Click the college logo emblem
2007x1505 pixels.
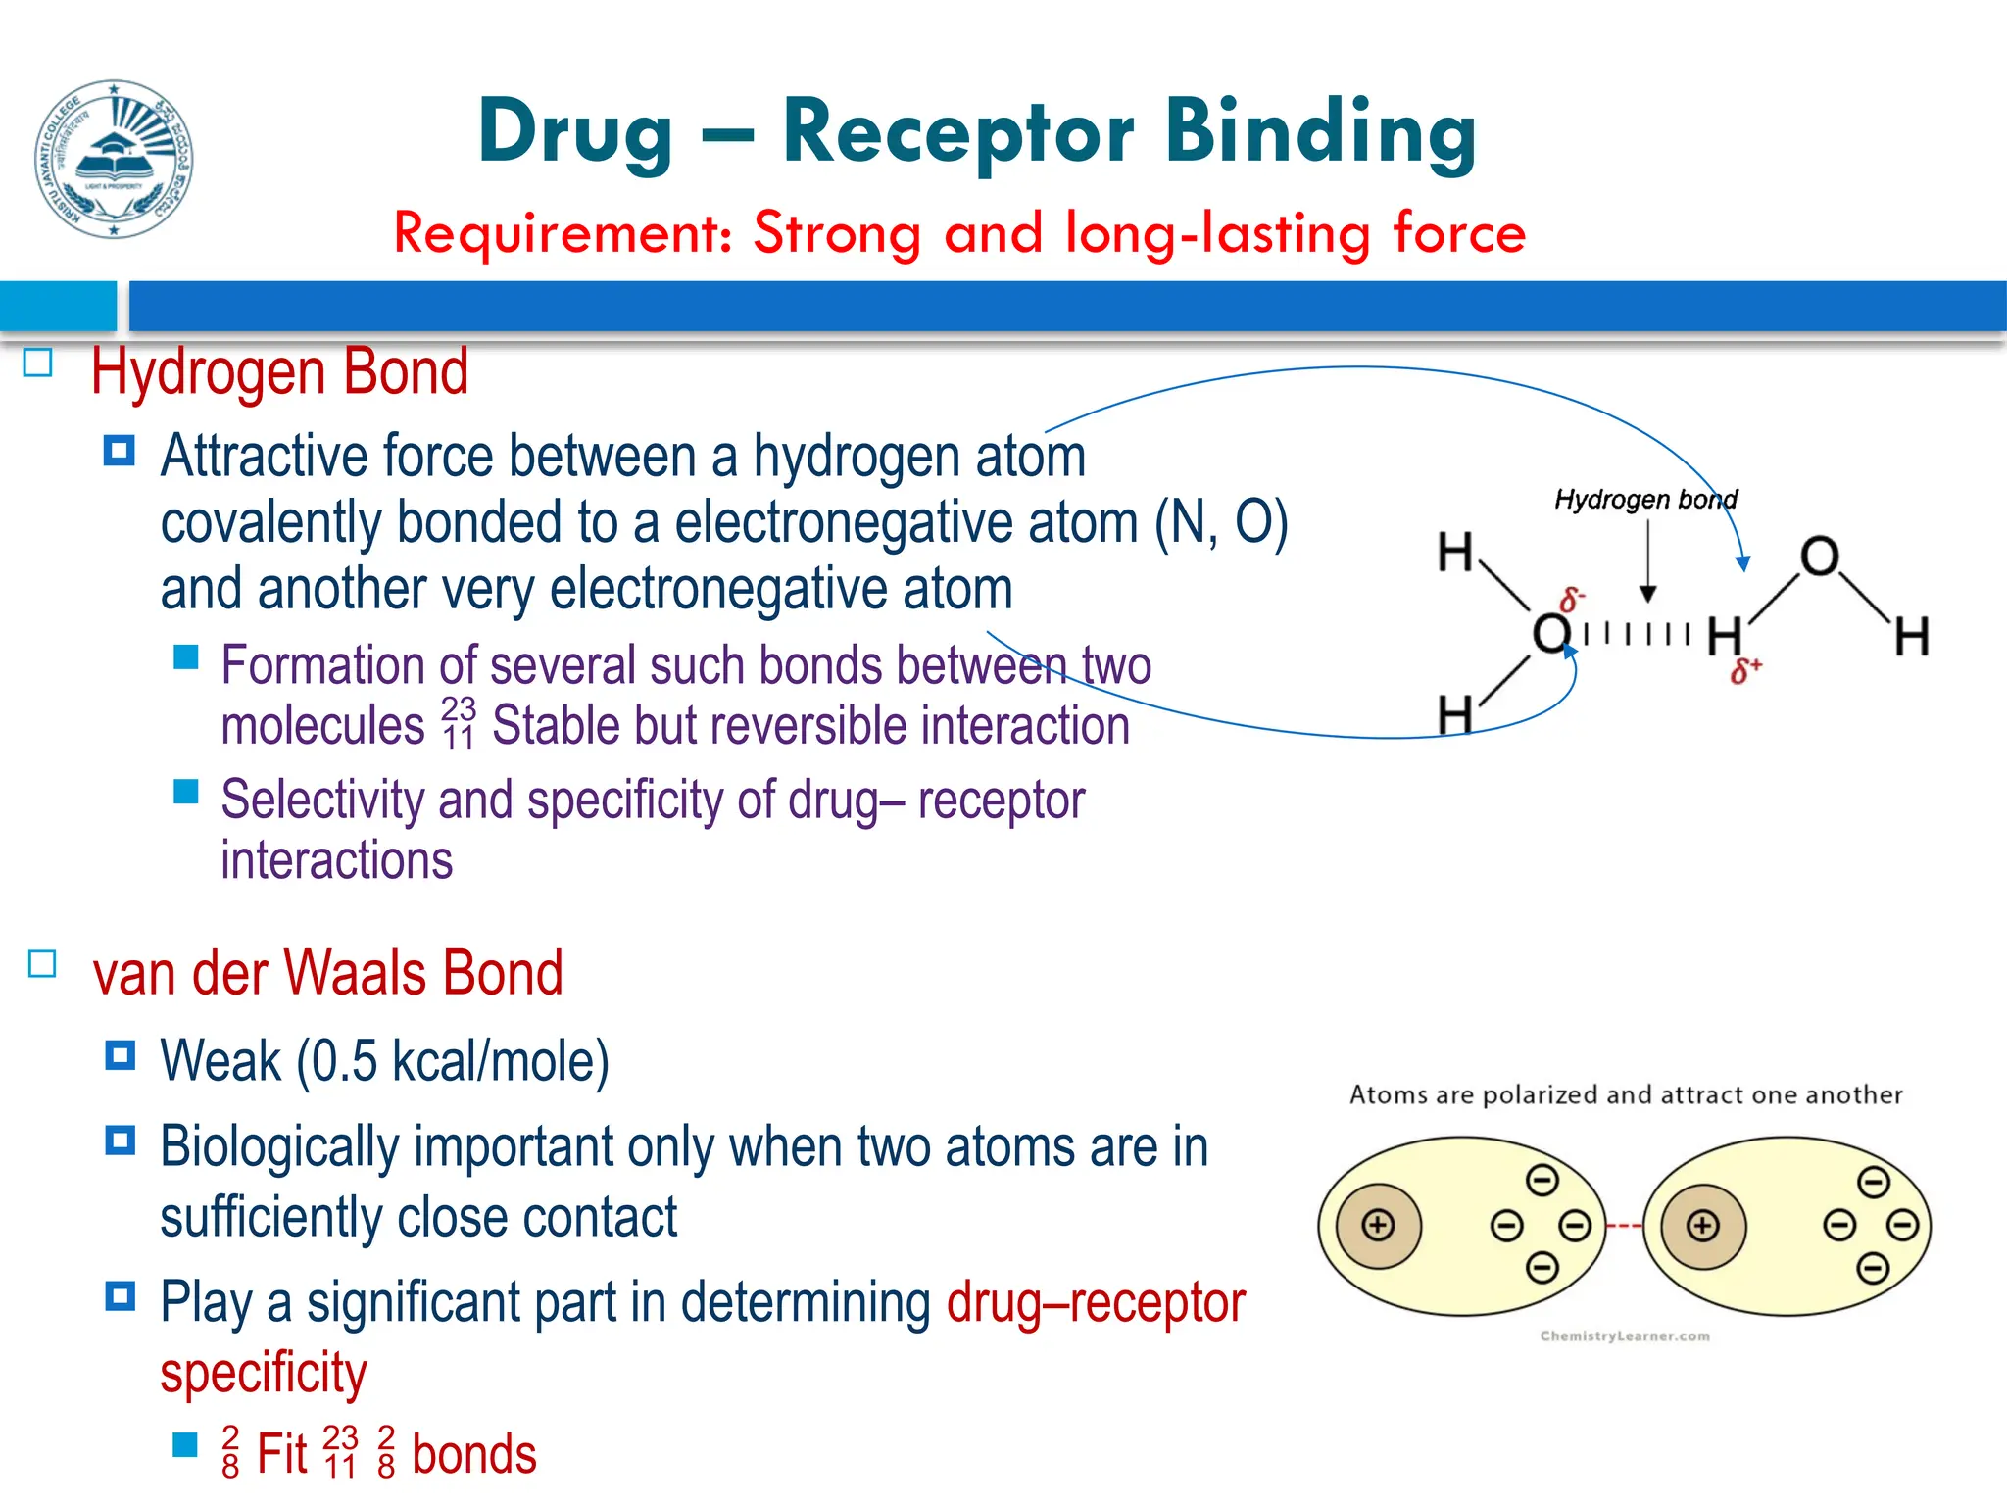pyautogui.click(x=114, y=159)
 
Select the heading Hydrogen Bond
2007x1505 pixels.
pyautogui.click(x=279, y=372)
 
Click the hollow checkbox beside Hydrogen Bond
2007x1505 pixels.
pyautogui.click(x=37, y=364)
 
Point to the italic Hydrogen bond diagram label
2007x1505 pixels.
pyautogui.click(x=1644, y=500)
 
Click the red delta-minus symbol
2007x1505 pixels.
pyautogui.click(x=1572, y=599)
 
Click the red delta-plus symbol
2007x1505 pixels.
pyautogui.click(x=1745, y=671)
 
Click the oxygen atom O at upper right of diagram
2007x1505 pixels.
pyautogui.click(x=1819, y=557)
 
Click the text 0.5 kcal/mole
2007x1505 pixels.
pyautogui.click(x=451, y=1061)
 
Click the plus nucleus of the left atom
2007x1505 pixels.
pyautogui.click(x=1378, y=1225)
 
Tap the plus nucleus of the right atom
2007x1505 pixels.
pyautogui.click(x=1702, y=1225)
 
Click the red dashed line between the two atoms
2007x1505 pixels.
pyautogui.click(x=1624, y=1226)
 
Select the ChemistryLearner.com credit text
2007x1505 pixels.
pyautogui.click(x=1624, y=1335)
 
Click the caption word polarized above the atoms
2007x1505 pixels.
pyautogui.click(x=1541, y=1095)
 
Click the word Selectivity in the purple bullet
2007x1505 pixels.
pyautogui.click(x=322, y=801)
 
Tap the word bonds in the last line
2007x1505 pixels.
pyautogui.click(x=473, y=1454)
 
